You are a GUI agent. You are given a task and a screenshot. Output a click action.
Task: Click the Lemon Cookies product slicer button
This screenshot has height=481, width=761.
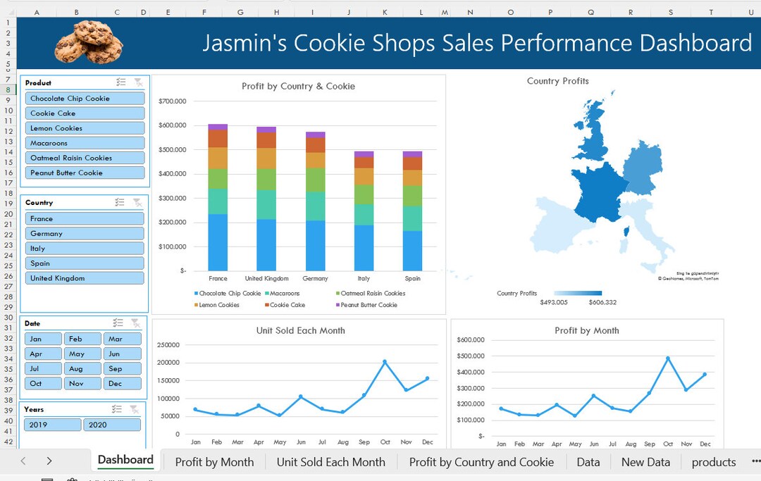[x=85, y=128]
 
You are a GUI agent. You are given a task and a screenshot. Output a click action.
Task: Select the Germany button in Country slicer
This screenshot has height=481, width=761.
[x=85, y=234]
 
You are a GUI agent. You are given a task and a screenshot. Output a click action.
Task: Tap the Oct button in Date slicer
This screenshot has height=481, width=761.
[x=43, y=384]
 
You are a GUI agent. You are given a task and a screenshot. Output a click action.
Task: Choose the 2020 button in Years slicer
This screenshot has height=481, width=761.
[x=111, y=425]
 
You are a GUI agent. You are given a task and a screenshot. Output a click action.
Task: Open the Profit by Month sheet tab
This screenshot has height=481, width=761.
[x=214, y=462]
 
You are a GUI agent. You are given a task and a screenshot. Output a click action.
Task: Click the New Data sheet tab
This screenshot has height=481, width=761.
[x=645, y=462]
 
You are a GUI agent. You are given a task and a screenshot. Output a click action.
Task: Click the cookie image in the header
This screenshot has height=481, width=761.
[x=89, y=42]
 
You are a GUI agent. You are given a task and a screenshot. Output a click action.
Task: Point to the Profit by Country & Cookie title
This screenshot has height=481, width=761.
[x=298, y=87]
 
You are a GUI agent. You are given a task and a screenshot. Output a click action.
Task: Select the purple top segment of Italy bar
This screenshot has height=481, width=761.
[x=364, y=154]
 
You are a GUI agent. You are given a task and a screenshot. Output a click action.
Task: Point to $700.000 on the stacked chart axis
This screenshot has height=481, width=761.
[x=172, y=101]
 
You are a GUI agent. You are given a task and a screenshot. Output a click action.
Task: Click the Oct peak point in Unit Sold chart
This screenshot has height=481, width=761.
[x=385, y=362]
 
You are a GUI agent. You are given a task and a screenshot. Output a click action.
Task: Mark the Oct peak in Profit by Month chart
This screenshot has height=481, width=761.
[x=668, y=358]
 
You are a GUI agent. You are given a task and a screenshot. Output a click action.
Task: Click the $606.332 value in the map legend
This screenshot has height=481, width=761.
[x=602, y=302]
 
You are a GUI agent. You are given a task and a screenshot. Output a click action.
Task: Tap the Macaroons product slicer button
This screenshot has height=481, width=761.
[x=85, y=143]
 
